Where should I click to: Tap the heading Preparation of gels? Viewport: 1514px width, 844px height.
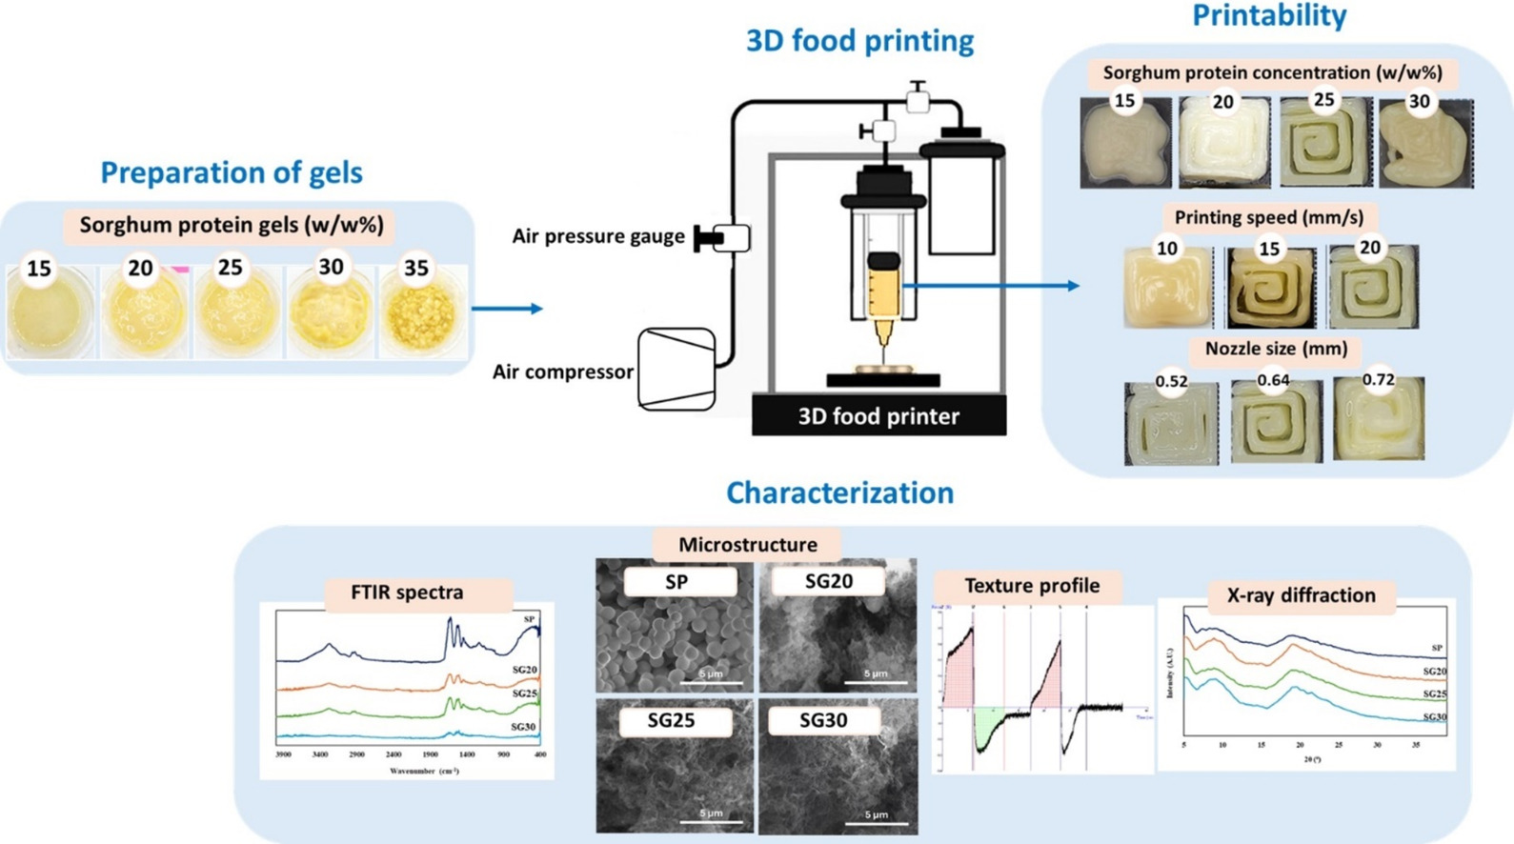pos(232,172)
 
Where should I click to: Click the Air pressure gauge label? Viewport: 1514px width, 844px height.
pos(598,236)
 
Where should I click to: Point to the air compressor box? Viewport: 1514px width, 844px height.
pos(676,369)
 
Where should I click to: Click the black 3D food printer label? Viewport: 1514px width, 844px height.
pos(878,416)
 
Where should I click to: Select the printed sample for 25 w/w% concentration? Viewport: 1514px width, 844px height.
pos(1325,143)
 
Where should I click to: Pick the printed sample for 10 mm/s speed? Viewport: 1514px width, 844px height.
pos(1168,287)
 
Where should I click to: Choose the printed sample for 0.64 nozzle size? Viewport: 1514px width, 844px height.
pos(1276,421)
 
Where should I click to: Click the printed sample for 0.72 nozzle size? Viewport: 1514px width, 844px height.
pos(1379,419)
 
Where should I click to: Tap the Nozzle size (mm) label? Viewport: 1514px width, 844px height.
pos(1276,349)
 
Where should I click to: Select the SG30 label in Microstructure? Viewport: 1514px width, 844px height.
pos(822,721)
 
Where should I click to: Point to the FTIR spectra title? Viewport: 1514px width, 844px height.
pos(407,593)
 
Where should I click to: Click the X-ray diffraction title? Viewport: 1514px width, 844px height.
pos(1301,595)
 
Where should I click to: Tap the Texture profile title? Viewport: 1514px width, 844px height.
pos(1032,586)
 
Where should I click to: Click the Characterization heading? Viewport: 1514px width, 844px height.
pos(839,492)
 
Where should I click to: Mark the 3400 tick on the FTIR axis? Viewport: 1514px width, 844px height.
pos(320,754)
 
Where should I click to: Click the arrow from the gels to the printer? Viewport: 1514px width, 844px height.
pos(507,309)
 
